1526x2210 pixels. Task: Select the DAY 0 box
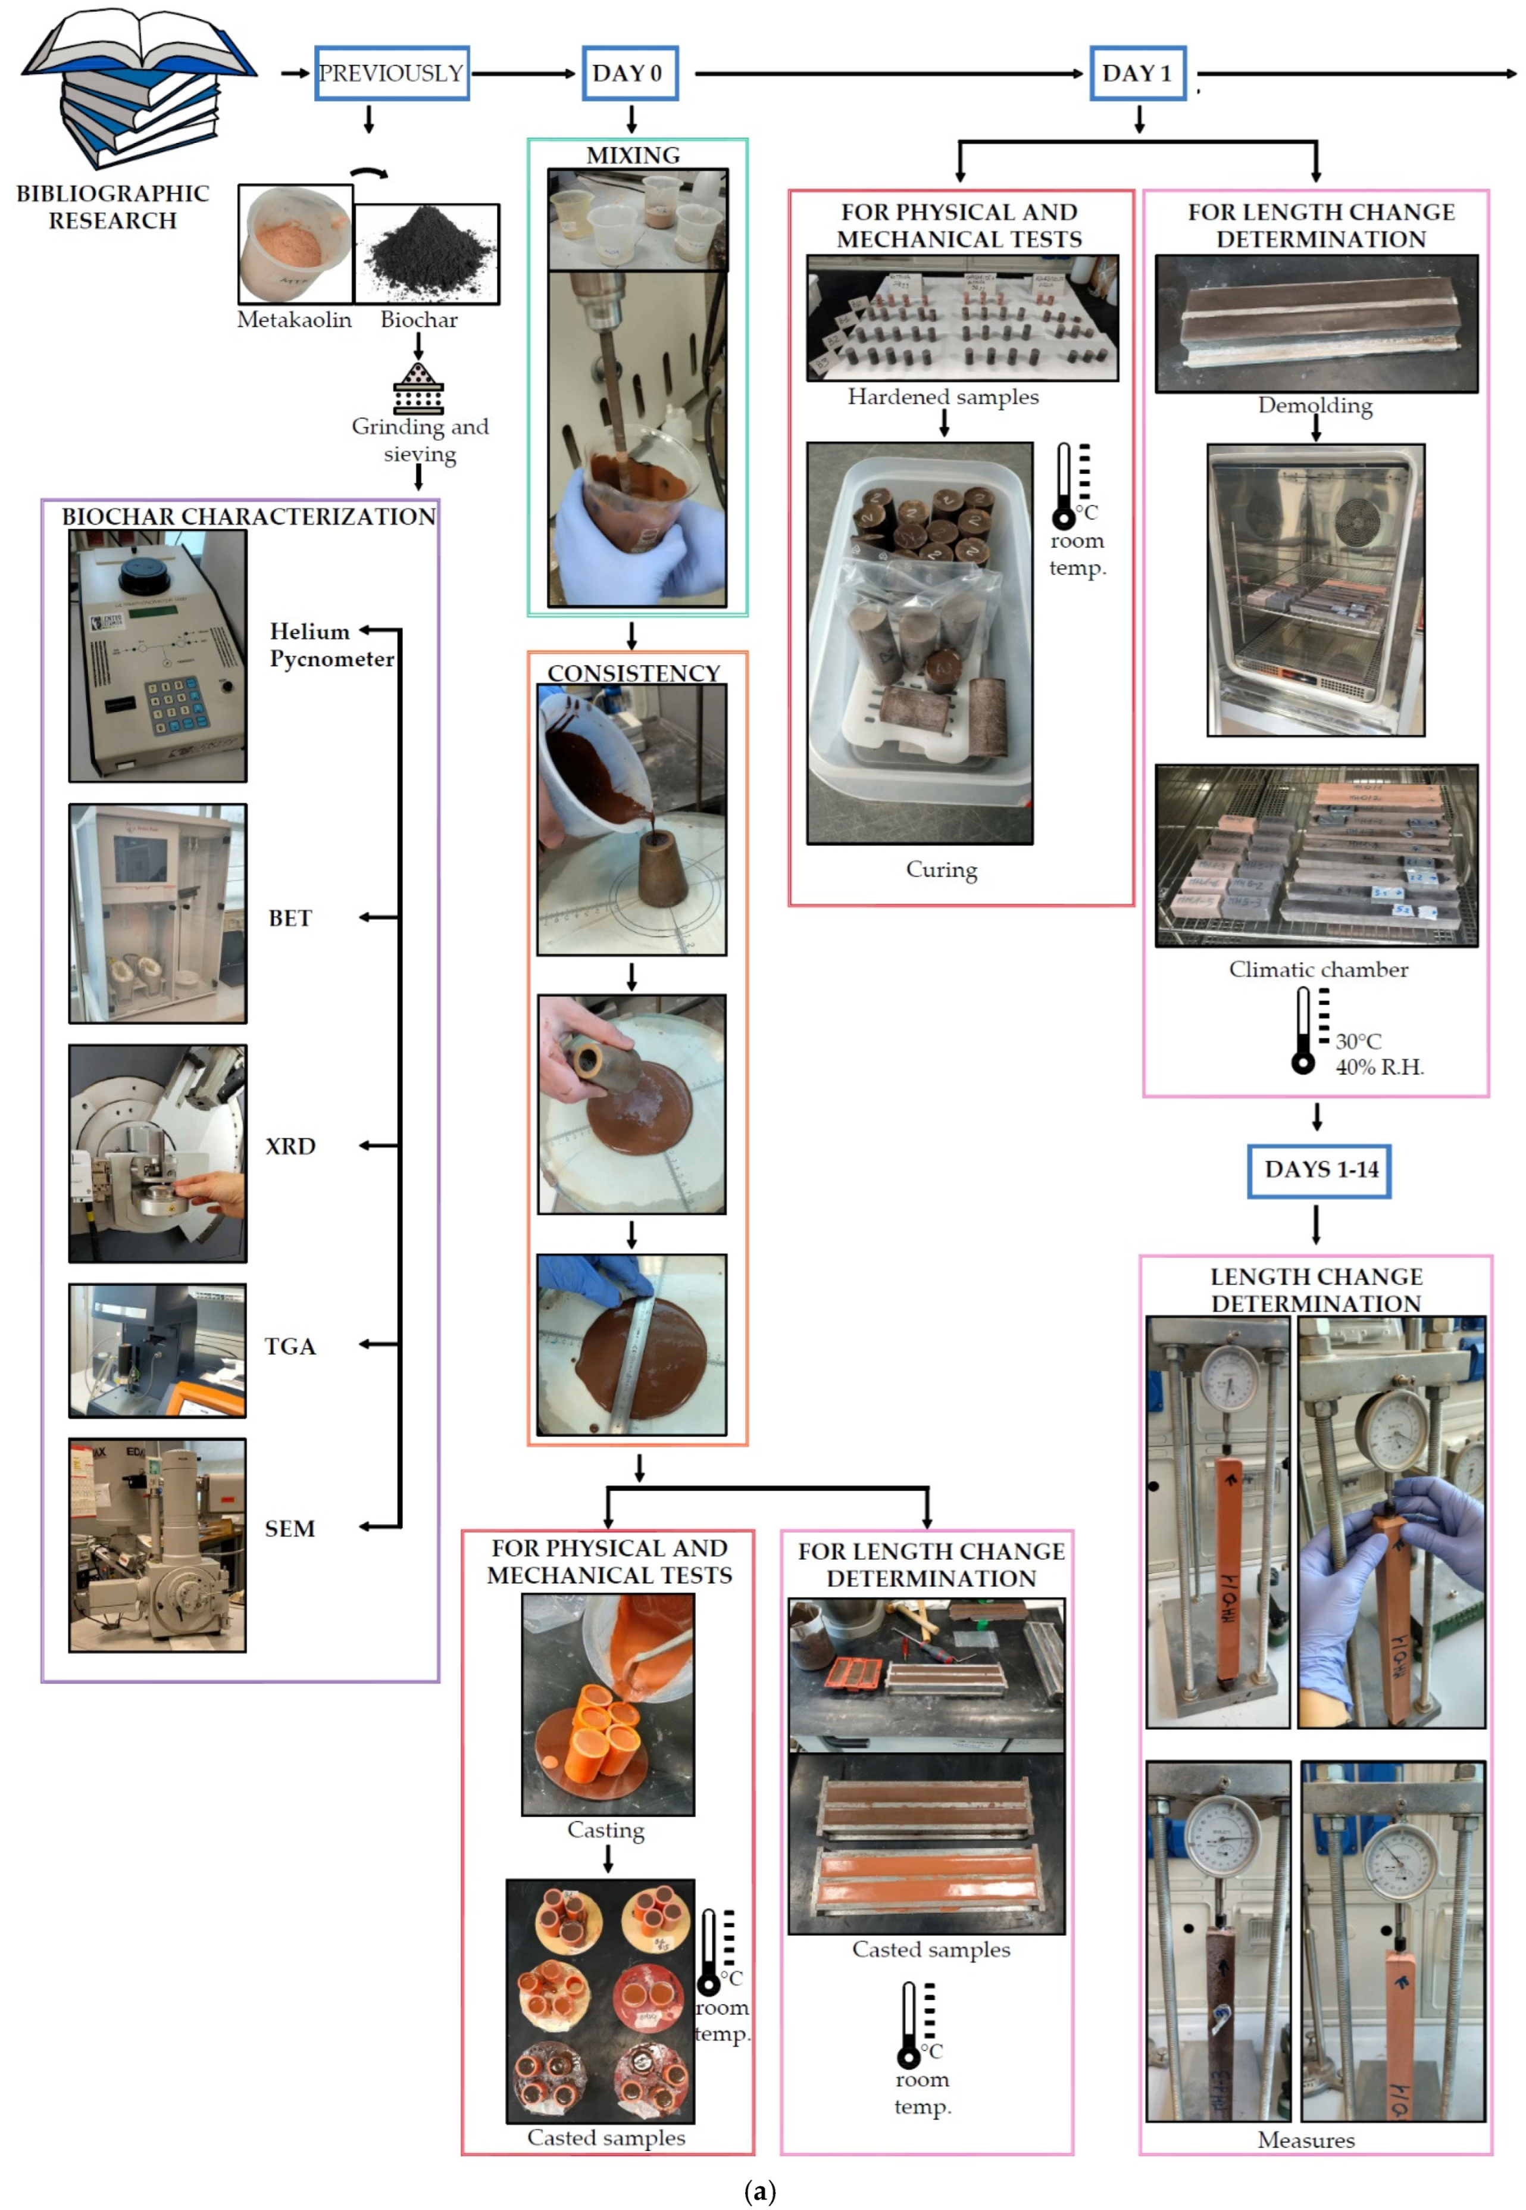(x=630, y=74)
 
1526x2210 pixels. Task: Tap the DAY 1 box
(x=1138, y=74)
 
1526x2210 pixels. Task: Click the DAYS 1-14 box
(x=1319, y=1169)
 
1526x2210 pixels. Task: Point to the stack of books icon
(x=139, y=91)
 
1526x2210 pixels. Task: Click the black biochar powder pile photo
(x=427, y=254)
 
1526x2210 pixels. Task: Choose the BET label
(x=290, y=918)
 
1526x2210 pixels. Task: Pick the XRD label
(x=290, y=1145)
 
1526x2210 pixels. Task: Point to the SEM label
(x=290, y=1528)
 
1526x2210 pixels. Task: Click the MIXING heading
(x=633, y=155)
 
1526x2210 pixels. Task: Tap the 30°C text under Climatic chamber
(x=1358, y=1041)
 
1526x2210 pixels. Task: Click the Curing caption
(x=942, y=869)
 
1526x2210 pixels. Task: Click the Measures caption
(x=1306, y=2140)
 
